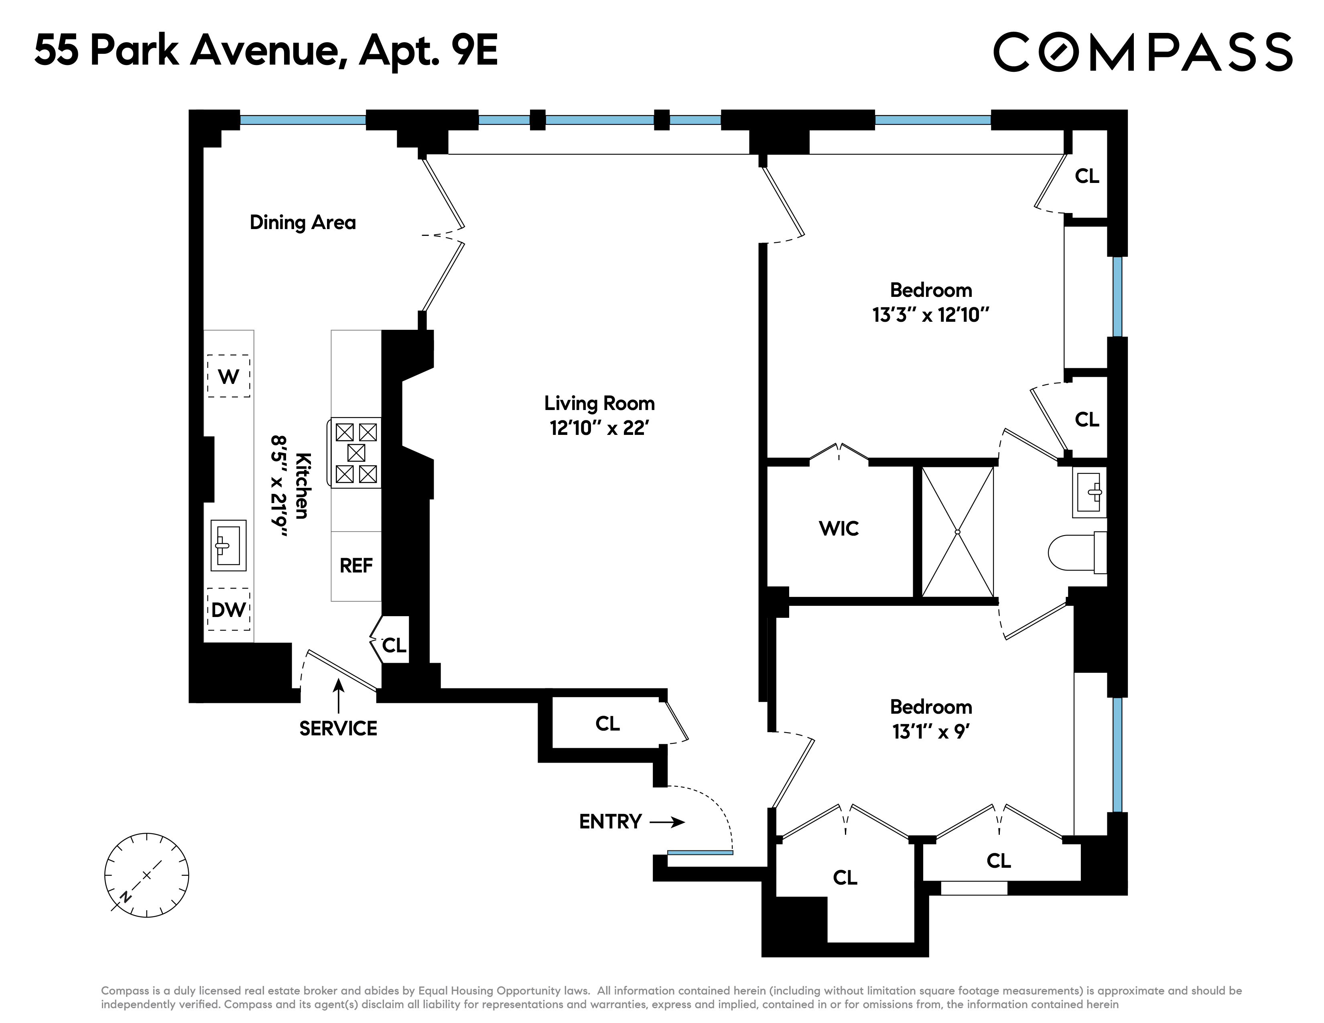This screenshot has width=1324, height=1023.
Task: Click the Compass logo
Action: coord(1143,52)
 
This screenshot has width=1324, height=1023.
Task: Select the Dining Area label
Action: coord(303,222)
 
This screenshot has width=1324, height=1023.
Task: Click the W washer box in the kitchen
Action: coord(229,376)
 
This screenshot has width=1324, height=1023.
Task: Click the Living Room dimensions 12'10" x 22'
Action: coord(599,428)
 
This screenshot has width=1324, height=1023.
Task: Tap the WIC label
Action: coord(839,528)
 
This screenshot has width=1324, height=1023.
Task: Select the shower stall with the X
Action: coord(957,532)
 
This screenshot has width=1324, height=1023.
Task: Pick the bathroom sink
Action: coord(1089,492)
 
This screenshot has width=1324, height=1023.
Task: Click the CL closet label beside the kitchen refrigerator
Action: coord(394,645)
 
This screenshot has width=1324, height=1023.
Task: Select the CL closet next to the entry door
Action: coord(607,724)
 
